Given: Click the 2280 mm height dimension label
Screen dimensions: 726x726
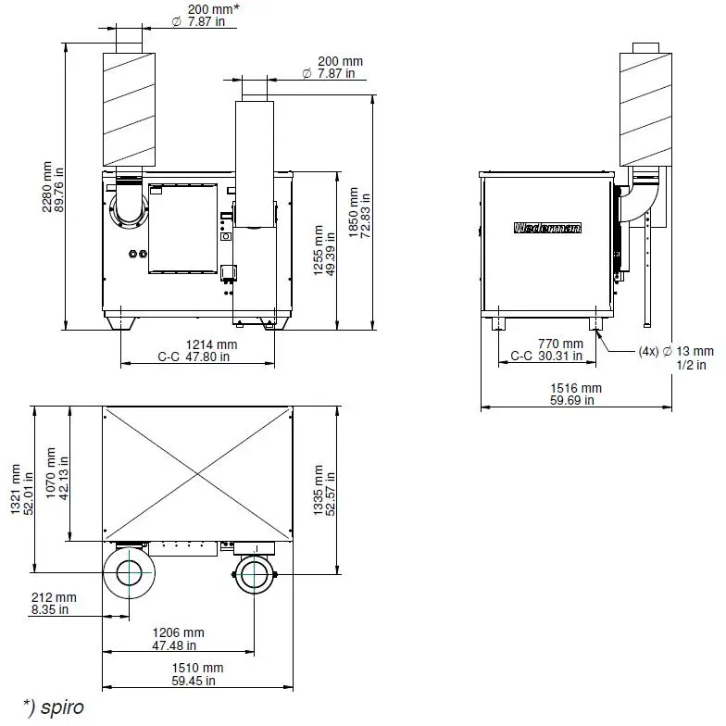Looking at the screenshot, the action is [x=53, y=187].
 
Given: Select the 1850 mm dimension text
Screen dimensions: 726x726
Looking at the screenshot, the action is [x=359, y=213].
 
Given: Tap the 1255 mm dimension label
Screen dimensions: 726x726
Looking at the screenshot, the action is [x=324, y=250].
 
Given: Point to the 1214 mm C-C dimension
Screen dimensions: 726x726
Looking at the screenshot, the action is [x=198, y=350].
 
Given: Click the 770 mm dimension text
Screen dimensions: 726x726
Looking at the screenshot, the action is [x=546, y=350].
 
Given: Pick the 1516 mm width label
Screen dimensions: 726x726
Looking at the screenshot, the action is [x=576, y=394].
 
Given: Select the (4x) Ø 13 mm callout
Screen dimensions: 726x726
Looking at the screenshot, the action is [x=676, y=357].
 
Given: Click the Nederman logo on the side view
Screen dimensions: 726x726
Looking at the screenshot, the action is [x=547, y=228].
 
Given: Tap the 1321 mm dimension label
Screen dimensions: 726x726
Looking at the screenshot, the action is [x=22, y=489].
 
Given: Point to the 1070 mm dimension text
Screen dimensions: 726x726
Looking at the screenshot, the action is [x=57, y=472].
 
